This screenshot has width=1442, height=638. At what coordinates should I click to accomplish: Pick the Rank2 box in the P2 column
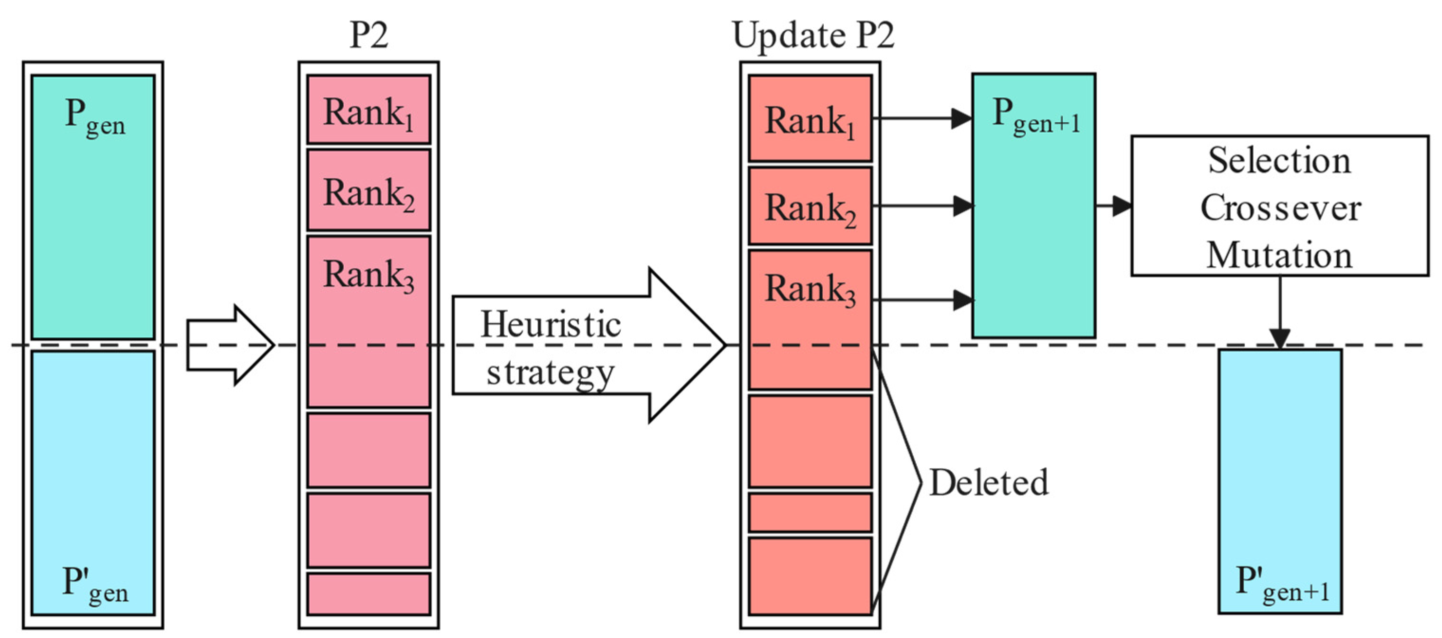point(368,190)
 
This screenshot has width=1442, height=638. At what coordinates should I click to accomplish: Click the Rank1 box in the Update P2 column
point(810,118)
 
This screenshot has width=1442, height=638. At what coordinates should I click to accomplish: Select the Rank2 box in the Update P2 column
point(810,206)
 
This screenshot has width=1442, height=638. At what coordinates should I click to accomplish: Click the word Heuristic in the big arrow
point(550,325)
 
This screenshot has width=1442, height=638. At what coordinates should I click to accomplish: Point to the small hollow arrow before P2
point(230,345)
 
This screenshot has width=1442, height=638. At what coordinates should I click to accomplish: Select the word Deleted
point(989,483)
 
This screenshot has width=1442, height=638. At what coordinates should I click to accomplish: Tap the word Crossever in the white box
point(1280,208)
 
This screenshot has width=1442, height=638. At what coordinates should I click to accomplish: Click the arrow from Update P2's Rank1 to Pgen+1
point(921,118)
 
